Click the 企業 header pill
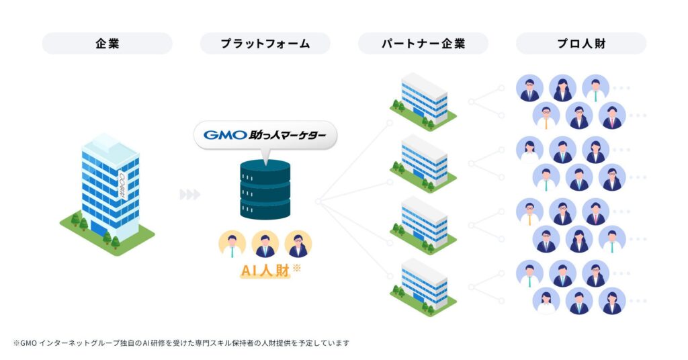[107, 44]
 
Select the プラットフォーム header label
[265, 44]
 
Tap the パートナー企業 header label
[423, 44]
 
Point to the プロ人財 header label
[580, 44]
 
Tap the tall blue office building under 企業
[107, 188]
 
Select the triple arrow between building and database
[190, 195]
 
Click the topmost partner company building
[424, 101]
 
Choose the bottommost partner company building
[424, 287]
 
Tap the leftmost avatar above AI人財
[232, 244]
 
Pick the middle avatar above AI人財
[265, 244]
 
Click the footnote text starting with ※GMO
[181, 343]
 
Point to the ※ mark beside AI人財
[296, 267]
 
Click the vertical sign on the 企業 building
[122, 186]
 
